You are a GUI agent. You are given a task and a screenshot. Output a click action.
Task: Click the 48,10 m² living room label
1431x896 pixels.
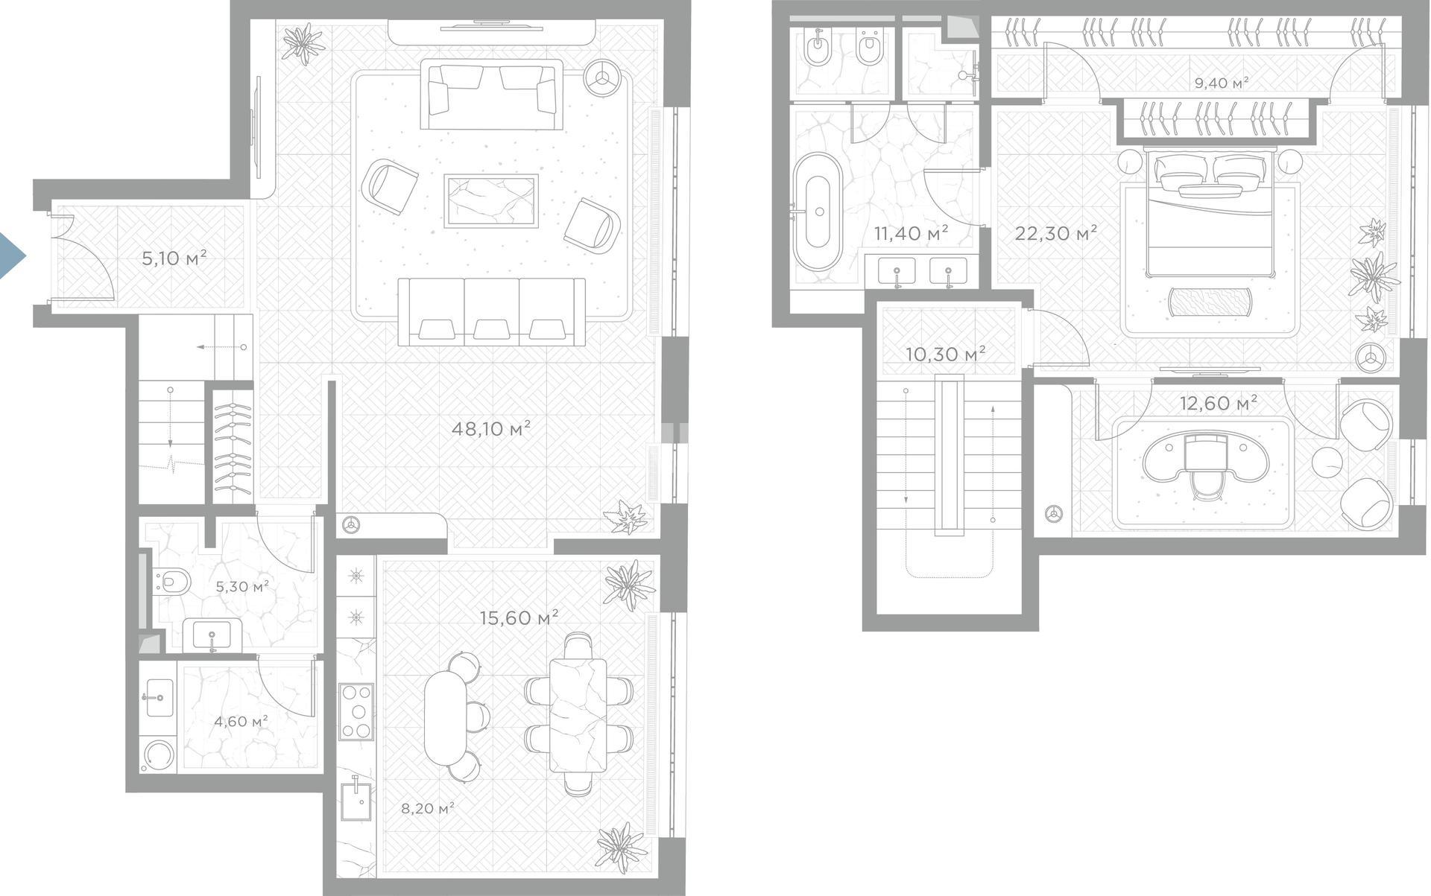[x=491, y=428]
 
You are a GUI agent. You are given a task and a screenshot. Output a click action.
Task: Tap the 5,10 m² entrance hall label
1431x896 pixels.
[x=174, y=258]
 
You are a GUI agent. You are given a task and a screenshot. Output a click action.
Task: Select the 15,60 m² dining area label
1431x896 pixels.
[x=519, y=617]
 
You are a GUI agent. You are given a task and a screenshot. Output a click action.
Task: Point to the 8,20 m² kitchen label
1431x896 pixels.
[x=428, y=808]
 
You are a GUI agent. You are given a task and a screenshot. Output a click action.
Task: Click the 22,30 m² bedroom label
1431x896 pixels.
[x=1055, y=233]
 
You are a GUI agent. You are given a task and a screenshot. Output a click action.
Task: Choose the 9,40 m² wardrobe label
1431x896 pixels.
[x=1222, y=83]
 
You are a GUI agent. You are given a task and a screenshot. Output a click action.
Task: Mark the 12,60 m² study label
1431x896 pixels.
[x=1219, y=403]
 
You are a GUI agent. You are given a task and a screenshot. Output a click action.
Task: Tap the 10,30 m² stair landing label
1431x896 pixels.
[x=945, y=353]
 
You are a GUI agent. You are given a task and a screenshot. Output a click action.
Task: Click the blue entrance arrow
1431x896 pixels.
[x=10, y=256]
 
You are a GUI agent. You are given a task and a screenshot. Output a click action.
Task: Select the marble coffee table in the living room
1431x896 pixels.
[x=491, y=201]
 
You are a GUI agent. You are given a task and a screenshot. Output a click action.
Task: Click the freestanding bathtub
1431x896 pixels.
[x=818, y=211]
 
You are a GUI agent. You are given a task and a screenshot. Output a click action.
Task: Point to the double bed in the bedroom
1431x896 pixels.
[x=1210, y=213]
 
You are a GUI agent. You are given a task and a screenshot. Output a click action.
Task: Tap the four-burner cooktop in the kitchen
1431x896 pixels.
[x=356, y=711]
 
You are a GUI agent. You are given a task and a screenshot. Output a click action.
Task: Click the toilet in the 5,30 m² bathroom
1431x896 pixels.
[x=172, y=581]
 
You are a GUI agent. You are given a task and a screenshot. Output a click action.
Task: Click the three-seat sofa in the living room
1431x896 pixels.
[x=491, y=311]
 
